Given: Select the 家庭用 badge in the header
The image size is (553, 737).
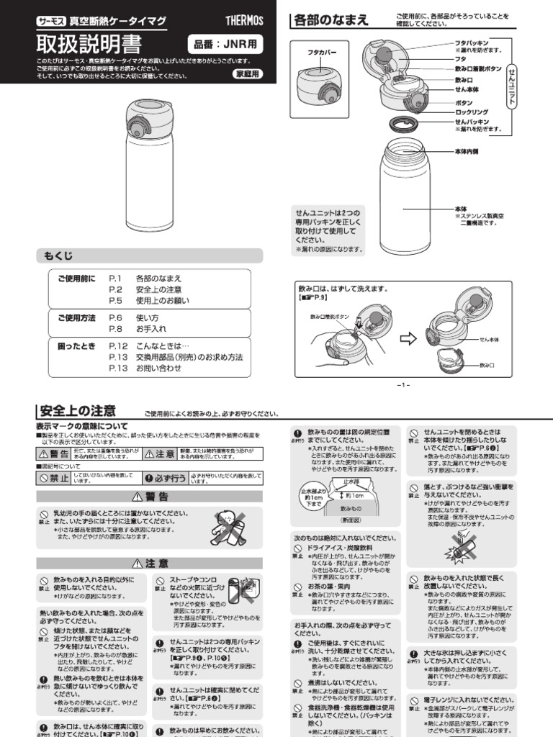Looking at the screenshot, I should [x=248, y=74].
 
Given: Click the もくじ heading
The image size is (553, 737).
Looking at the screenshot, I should [x=59, y=256].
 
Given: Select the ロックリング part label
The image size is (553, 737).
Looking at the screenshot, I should [x=472, y=112].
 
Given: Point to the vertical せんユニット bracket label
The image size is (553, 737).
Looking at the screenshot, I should [x=512, y=83].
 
